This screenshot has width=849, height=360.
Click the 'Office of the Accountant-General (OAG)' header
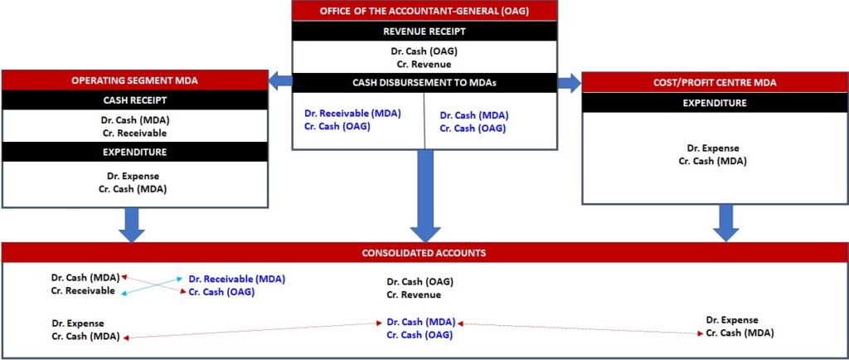click(x=424, y=10)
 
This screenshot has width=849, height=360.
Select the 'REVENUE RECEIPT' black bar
click(x=424, y=31)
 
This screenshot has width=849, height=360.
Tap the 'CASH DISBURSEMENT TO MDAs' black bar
click(x=424, y=83)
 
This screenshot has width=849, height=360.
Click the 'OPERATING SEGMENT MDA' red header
click(x=134, y=80)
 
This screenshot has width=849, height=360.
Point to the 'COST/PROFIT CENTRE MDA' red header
click(x=715, y=83)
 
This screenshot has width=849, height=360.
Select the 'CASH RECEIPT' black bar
click(x=134, y=100)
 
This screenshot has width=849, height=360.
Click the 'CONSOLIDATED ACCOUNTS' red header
click(x=424, y=252)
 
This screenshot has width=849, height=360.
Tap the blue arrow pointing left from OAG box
click(x=279, y=81)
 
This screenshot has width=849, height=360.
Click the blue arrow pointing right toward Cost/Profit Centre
click(x=569, y=82)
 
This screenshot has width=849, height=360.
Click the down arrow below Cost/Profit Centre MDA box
click(x=726, y=222)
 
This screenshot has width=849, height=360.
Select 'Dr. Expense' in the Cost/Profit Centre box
click(x=712, y=148)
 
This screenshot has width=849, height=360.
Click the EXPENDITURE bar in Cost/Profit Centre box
click(x=715, y=103)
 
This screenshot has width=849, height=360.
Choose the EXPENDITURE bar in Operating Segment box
click(x=134, y=153)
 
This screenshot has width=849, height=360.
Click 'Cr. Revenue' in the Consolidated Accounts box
click(x=414, y=294)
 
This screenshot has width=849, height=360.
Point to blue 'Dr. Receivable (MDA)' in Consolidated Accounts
click(x=237, y=280)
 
